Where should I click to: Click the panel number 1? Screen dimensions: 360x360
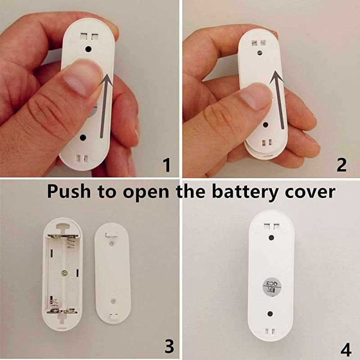(x=166, y=164)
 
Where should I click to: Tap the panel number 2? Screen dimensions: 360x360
(x=342, y=164)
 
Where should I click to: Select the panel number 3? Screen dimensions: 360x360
(x=169, y=346)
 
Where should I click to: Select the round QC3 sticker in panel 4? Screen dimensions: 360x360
(x=271, y=287)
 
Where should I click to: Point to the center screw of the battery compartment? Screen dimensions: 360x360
(x=66, y=273)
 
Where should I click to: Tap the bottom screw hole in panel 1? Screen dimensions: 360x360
(x=83, y=136)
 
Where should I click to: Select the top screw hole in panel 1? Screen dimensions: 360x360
(x=89, y=48)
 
